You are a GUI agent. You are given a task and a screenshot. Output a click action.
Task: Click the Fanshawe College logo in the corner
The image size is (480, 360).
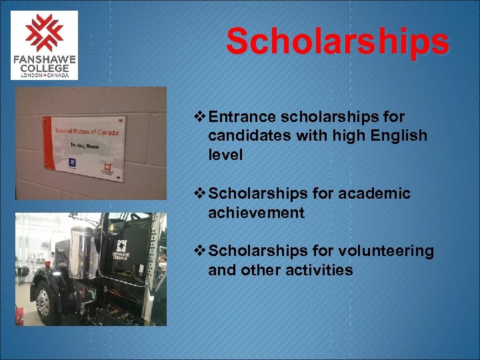(x=44, y=45)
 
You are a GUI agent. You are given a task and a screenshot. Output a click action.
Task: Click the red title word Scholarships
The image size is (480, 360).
(x=337, y=41)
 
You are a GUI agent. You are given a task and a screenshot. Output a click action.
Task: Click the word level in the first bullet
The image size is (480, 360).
(x=225, y=155)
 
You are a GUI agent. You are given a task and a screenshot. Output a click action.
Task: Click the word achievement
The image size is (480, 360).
(x=256, y=213)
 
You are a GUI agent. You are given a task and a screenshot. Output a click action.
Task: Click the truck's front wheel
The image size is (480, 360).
(x=43, y=304)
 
